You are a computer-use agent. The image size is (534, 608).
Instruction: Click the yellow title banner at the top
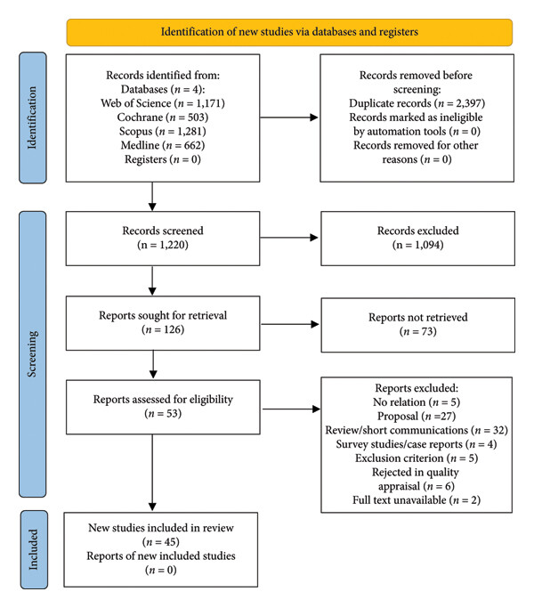point(289,32)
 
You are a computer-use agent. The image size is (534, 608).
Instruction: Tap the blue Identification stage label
point(33,118)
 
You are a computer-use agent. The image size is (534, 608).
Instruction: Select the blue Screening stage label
point(33,354)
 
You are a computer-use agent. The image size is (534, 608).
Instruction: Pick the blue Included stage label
point(34,549)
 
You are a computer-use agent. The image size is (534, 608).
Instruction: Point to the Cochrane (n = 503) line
point(163,118)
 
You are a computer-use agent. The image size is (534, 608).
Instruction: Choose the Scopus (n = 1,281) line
point(163,131)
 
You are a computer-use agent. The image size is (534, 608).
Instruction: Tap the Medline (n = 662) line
point(163,145)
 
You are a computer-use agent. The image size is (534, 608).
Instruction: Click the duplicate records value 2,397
point(468,103)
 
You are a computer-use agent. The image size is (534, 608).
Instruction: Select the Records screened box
point(163,239)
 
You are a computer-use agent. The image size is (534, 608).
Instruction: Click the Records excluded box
point(418,239)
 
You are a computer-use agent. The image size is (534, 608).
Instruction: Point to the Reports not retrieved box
point(418,325)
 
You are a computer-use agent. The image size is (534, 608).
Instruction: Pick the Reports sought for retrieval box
point(163,323)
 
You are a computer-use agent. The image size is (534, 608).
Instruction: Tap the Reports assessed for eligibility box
point(163,407)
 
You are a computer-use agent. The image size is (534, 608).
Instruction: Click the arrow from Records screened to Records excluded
point(289,238)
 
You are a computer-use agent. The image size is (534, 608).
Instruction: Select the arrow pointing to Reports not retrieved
point(290,324)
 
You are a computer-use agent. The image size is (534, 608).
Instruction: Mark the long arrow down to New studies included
point(152,473)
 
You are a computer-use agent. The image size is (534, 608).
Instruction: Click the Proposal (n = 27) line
point(417,416)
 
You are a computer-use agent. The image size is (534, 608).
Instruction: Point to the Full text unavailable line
point(417,499)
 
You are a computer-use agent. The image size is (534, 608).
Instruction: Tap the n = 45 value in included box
point(161,542)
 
